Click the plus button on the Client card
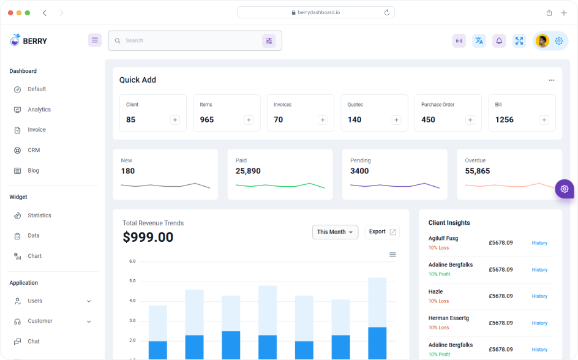point(175,120)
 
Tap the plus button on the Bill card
point(544,120)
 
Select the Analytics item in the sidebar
point(39,110)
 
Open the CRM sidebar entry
point(34,150)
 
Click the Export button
point(382,232)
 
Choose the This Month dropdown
point(335,232)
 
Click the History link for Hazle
point(539,296)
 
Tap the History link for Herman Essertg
point(539,323)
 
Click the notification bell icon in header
point(499,41)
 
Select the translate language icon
point(479,41)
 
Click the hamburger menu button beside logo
point(95,40)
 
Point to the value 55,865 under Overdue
point(477,171)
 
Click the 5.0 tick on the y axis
point(132,281)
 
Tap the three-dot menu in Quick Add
point(551,80)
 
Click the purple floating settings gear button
point(564,189)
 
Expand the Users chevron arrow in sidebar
point(89,301)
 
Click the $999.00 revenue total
point(148,237)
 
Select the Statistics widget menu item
point(39,216)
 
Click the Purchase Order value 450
point(428,120)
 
